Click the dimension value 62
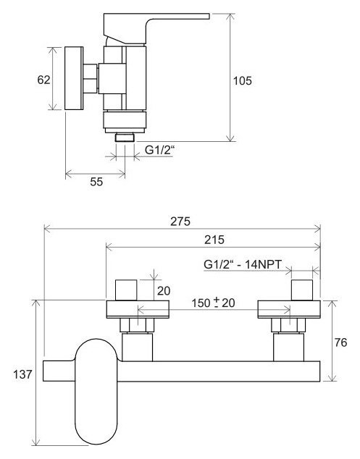(43, 80)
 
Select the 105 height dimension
(242, 80)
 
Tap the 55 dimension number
(96, 182)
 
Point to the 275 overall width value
(180, 222)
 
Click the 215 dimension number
(214, 240)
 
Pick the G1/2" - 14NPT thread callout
(243, 264)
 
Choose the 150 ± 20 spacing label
(213, 303)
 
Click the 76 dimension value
(340, 342)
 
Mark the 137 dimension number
(22, 374)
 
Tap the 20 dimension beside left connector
(164, 291)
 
